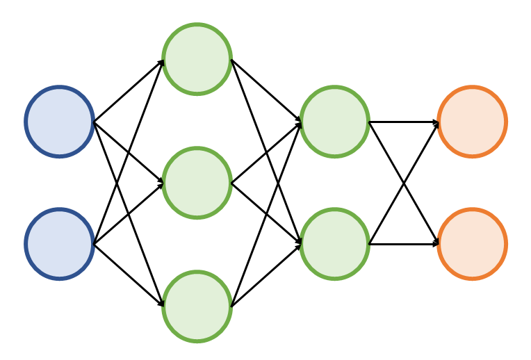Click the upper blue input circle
click(x=60, y=122)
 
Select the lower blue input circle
click(x=60, y=244)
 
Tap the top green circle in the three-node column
click(x=197, y=59)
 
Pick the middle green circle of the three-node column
click(x=197, y=183)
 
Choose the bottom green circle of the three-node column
click(x=197, y=306)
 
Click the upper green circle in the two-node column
click(x=334, y=122)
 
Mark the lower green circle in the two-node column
click(x=334, y=244)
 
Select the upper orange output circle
click(x=472, y=122)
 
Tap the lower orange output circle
click(x=472, y=244)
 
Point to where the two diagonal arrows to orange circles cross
click(x=404, y=183)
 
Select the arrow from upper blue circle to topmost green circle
click(x=129, y=90)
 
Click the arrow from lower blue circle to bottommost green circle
click(x=129, y=275)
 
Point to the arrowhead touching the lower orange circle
click(x=436, y=244)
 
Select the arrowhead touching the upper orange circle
click(x=436, y=122)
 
